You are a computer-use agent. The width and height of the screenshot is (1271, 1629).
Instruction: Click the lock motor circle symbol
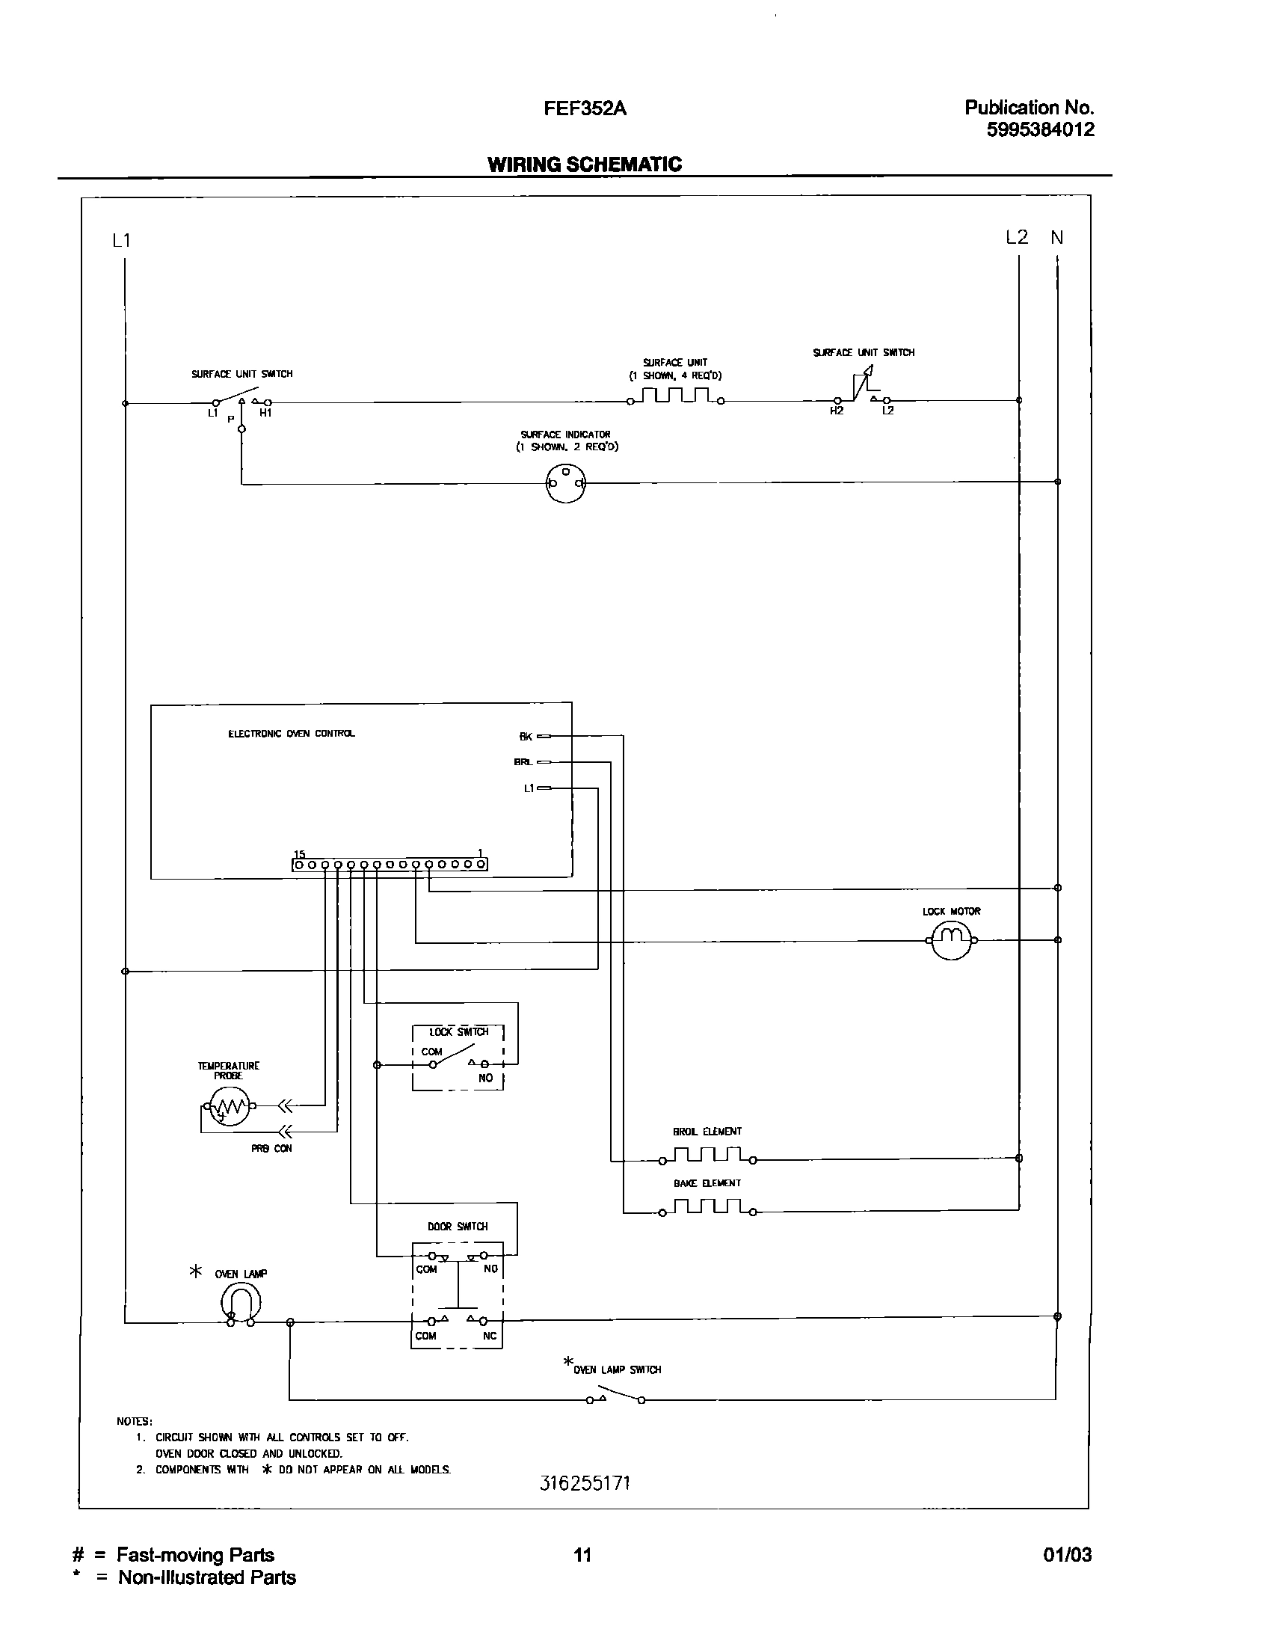[951, 940]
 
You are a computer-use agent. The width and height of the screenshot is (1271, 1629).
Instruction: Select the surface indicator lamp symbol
[565, 483]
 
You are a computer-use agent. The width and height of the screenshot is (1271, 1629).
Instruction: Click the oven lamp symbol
[241, 1302]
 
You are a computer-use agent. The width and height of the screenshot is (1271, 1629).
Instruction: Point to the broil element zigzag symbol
[707, 1156]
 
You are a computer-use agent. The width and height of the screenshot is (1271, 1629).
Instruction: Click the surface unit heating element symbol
[676, 396]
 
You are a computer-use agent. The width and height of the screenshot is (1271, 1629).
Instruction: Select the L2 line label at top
[1017, 238]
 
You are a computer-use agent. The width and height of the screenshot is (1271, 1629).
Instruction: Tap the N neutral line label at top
[1056, 238]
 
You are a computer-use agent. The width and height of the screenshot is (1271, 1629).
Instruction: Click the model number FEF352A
[584, 109]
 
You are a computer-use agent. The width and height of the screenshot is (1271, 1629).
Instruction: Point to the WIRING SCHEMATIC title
[584, 165]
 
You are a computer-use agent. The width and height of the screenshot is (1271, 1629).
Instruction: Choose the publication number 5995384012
[1040, 130]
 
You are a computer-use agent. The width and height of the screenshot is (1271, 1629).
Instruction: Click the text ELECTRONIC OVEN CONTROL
[292, 734]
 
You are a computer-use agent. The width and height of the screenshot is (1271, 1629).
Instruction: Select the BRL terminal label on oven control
[523, 762]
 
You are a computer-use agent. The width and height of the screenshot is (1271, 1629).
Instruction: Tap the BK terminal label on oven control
[525, 737]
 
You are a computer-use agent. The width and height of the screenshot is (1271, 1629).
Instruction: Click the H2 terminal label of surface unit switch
[836, 411]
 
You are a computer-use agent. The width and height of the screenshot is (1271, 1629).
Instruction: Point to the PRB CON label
[271, 1149]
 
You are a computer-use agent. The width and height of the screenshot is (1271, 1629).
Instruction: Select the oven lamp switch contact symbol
[615, 1397]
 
